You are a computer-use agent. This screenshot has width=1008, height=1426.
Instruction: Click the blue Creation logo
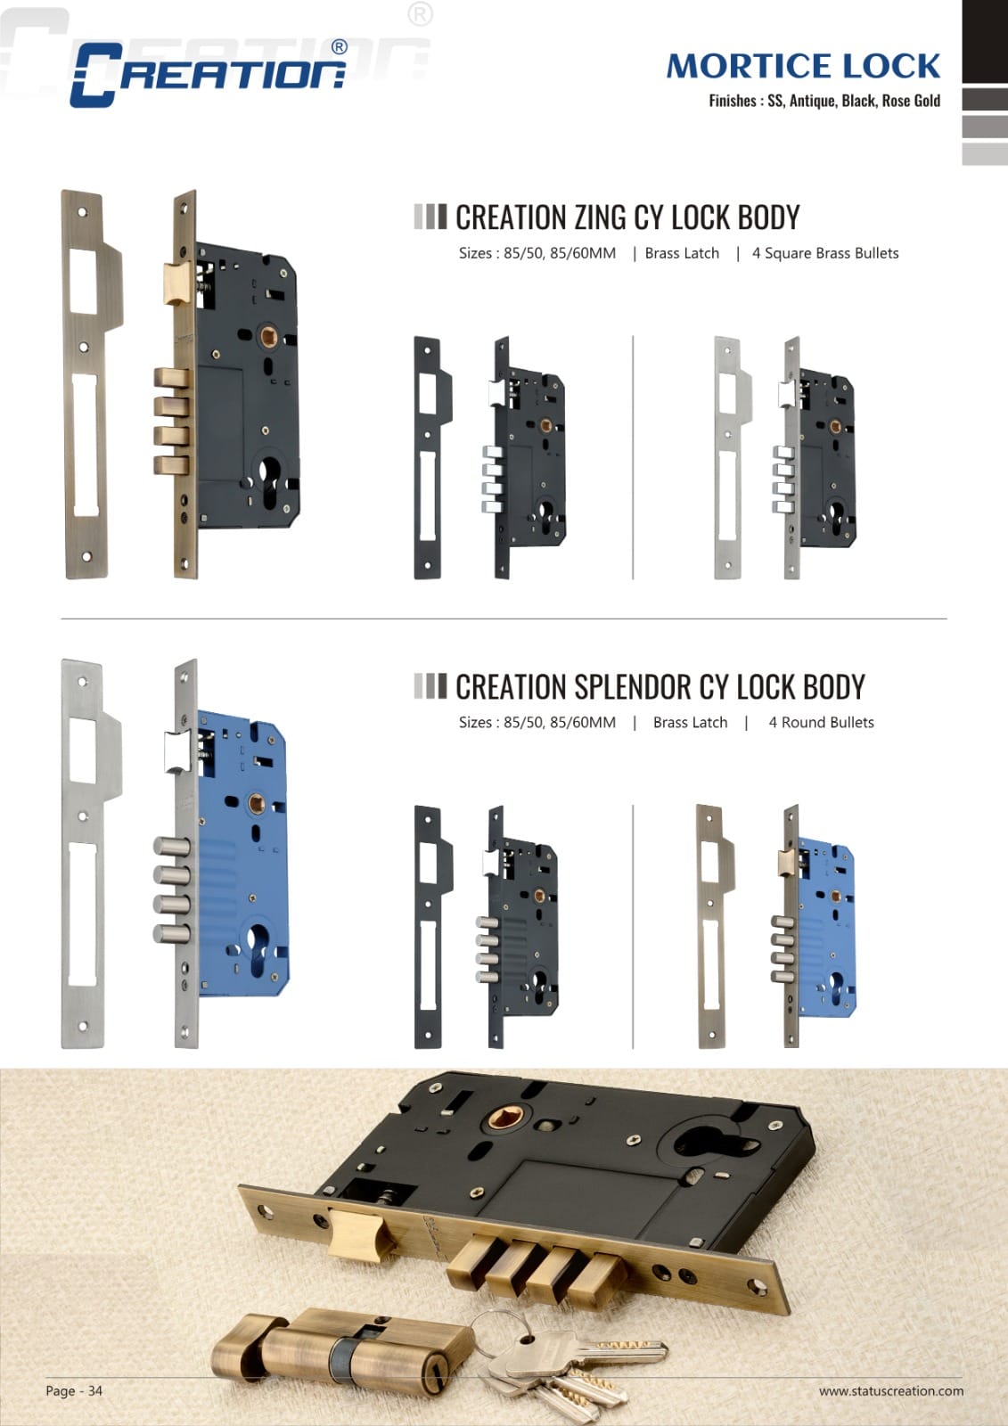click(208, 74)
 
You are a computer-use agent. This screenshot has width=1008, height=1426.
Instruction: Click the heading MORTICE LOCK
click(803, 66)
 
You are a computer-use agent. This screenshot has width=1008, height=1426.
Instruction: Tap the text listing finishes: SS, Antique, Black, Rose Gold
click(824, 101)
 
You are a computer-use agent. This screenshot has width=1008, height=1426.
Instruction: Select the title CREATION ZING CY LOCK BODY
click(627, 217)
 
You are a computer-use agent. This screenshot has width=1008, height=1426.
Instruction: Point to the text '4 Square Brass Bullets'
click(824, 253)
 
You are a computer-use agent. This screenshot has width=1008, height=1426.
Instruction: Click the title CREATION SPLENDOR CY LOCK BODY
click(660, 687)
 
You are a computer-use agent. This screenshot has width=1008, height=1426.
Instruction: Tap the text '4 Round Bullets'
click(821, 723)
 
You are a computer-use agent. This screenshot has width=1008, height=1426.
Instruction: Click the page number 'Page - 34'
click(74, 1390)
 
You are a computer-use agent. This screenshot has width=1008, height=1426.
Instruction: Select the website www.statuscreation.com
click(890, 1390)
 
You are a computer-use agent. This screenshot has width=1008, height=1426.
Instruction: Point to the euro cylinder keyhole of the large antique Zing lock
click(271, 481)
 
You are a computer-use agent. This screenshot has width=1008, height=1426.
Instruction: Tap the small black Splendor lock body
click(526, 927)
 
